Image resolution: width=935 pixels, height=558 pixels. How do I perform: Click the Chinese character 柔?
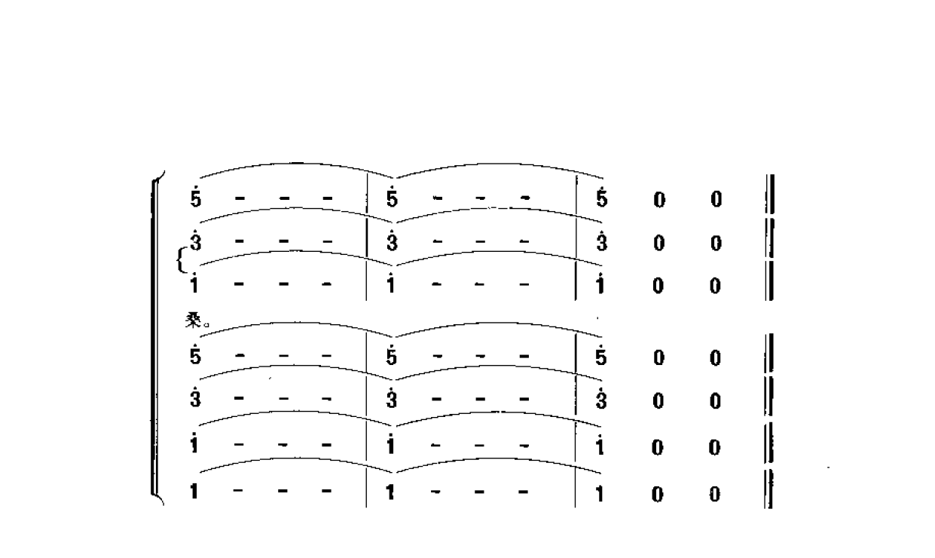[194, 320]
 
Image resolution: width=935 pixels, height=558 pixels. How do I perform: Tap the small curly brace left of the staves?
[181, 260]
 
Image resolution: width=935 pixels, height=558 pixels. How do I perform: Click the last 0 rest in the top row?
[717, 199]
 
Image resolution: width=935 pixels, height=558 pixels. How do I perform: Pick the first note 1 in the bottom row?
[194, 491]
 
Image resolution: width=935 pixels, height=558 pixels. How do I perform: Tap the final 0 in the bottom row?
[714, 495]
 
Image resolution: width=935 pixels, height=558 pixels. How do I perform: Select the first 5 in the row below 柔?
[195, 354]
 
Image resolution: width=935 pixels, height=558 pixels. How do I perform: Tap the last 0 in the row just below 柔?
[716, 358]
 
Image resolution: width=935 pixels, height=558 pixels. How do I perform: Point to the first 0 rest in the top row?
[659, 200]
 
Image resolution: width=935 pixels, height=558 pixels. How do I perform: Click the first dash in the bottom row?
[238, 490]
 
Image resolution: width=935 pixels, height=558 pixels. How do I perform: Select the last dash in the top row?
[526, 198]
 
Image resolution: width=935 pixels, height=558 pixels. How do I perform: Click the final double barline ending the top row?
[770, 194]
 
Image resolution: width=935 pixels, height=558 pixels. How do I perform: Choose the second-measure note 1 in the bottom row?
[390, 492]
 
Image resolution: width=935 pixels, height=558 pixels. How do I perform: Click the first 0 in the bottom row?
[658, 495]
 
